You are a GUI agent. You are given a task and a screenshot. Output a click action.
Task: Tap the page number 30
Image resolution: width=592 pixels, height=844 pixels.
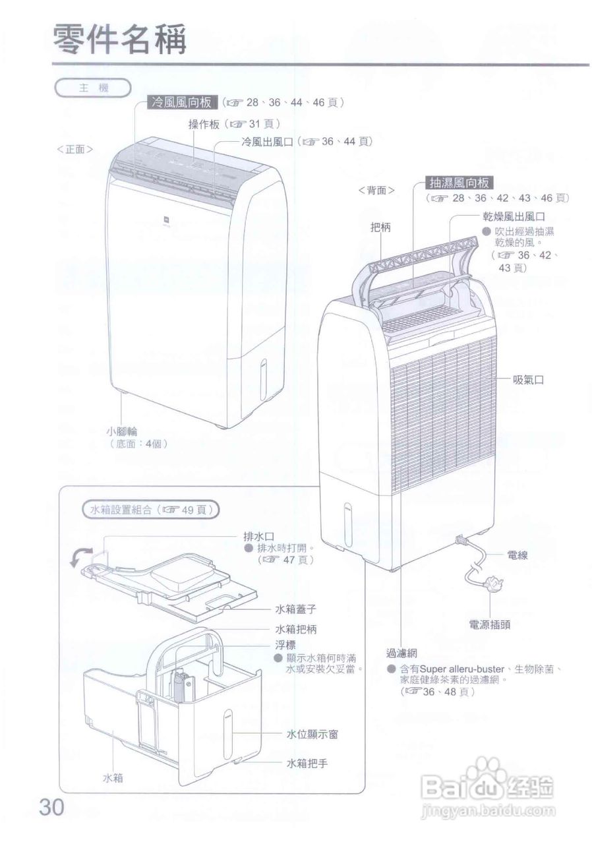click(52, 807)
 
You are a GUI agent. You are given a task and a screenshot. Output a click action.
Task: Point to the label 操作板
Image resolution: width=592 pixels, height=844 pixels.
click(205, 123)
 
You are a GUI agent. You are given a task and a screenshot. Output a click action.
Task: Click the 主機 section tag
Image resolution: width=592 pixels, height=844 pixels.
click(93, 87)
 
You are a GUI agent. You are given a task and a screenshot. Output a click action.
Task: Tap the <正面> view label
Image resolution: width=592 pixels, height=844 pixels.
click(74, 149)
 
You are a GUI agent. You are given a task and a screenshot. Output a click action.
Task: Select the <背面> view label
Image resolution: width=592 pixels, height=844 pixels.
click(376, 190)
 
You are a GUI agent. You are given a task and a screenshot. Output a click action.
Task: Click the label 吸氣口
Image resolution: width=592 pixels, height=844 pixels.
click(529, 380)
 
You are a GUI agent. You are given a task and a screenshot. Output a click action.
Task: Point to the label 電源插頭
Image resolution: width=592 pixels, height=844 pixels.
click(490, 624)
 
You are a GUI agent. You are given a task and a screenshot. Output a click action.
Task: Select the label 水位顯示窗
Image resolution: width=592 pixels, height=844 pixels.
click(312, 734)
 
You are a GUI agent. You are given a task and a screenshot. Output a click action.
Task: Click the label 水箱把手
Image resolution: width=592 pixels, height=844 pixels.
click(307, 764)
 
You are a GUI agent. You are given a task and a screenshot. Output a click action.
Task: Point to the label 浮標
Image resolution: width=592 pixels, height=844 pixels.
click(285, 644)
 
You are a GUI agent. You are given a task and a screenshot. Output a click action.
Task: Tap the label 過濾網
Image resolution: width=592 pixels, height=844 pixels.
click(402, 653)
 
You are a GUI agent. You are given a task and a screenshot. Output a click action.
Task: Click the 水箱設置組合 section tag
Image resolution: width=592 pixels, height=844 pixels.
click(151, 509)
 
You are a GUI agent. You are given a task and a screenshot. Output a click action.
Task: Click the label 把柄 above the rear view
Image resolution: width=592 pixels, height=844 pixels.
click(380, 227)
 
